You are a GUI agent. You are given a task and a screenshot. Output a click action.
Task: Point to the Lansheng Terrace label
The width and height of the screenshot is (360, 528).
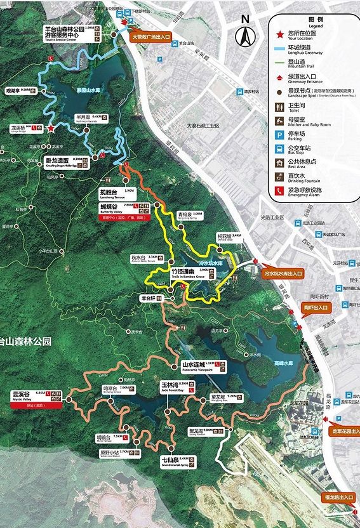tap(117, 190)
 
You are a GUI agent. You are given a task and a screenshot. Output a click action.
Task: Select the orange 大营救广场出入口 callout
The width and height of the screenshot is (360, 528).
tap(155, 37)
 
